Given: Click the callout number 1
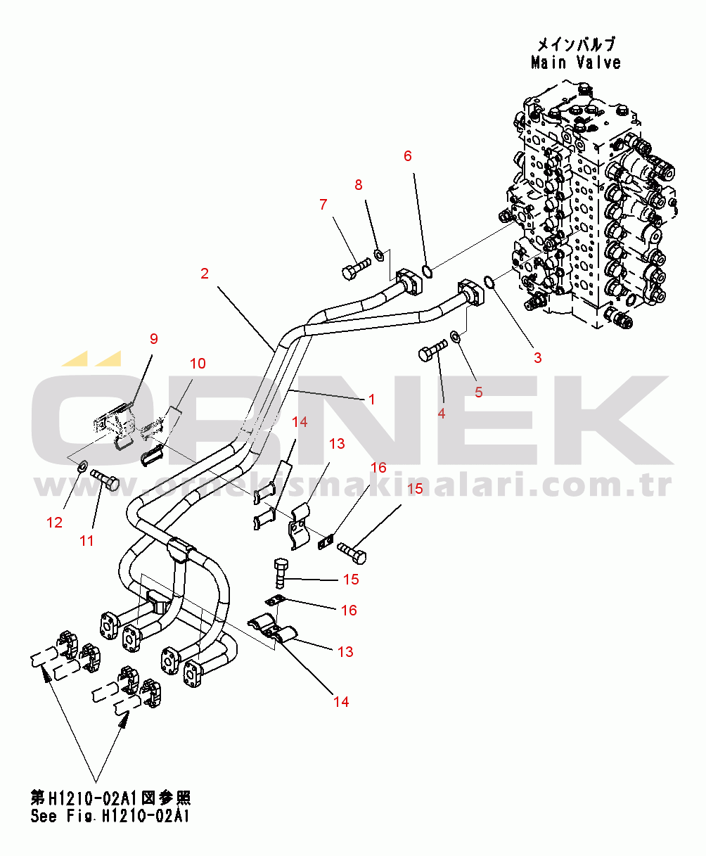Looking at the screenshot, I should pyautogui.click(x=371, y=400).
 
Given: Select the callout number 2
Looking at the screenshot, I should pyautogui.click(x=205, y=274).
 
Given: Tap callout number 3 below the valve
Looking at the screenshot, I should pyautogui.click(x=537, y=357).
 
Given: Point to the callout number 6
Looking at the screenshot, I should pyautogui.click(x=408, y=155).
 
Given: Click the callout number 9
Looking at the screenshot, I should pyautogui.click(x=154, y=339).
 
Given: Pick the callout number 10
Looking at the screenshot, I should pyautogui.click(x=198, y=364).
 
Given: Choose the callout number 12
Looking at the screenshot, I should pyautogui.click(x=54, y=523).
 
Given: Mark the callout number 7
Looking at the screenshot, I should pyautogui.click(x=323, y=205).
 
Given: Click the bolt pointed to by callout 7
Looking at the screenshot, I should pyautogui.click(x=356, y=270).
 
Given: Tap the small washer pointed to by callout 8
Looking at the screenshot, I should pyautogui.click(x=378, y=254).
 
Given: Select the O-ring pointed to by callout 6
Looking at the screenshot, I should pyautogui.click(x=426, y=270).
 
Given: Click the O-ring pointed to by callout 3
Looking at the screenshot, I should pyautogui.click(x=491, y=283).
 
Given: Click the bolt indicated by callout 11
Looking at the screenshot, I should pyautogui.click(x=108, y=483).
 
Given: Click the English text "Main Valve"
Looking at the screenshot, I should pyautogui.click(x=576, y=63).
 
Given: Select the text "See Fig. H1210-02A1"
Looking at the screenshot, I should pyautogui.click(x=110, y=817).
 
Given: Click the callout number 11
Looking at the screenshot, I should pyautogui.click(x=86, y=541).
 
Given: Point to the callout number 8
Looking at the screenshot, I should pyautogui.click(x=359, y=185).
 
